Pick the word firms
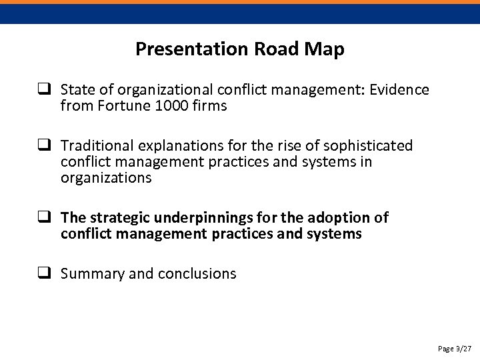[209, 105]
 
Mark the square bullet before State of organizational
[46, 89]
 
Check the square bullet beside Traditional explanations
[46, 145]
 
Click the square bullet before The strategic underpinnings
[46, 218]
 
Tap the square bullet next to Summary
[46, 273]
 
